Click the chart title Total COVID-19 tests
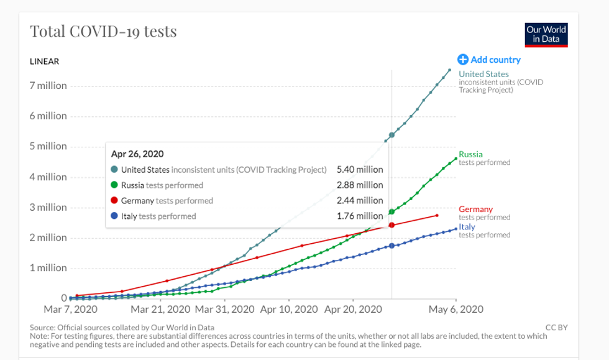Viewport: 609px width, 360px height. pos(103,31)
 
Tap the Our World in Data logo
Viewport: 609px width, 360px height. pos(546,35)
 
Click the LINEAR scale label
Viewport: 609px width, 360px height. pos(44,61)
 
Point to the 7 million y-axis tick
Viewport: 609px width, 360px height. pos(48,86)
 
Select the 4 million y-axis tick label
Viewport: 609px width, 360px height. pos(48,177)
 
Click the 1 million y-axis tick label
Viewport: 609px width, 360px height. pos(48,268)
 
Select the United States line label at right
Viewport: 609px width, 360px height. pos(483,75)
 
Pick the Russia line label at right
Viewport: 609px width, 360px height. pos(470,154)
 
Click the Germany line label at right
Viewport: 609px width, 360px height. pos(475,210)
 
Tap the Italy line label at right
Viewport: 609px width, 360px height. pos(467,227)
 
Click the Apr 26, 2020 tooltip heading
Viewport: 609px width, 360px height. pos(137,154)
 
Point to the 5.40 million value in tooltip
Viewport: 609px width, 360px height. pos(360,170)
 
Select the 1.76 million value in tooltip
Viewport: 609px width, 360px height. pos(360,216)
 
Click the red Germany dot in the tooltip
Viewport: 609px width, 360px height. pos(114,201)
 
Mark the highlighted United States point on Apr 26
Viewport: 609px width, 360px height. pos(391,135)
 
